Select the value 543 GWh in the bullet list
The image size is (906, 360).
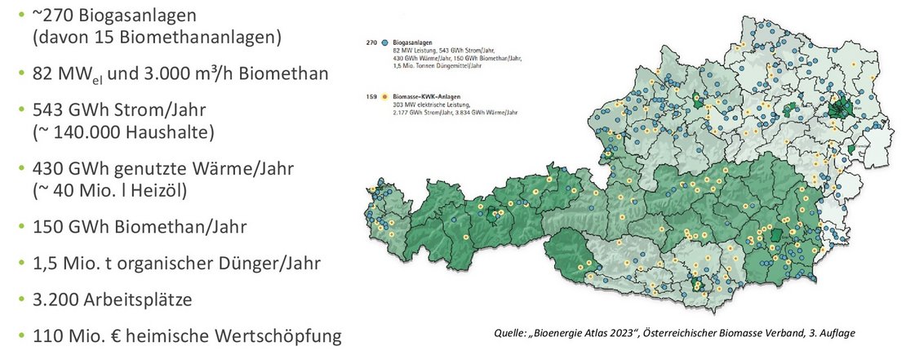[x=69, y=109]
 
